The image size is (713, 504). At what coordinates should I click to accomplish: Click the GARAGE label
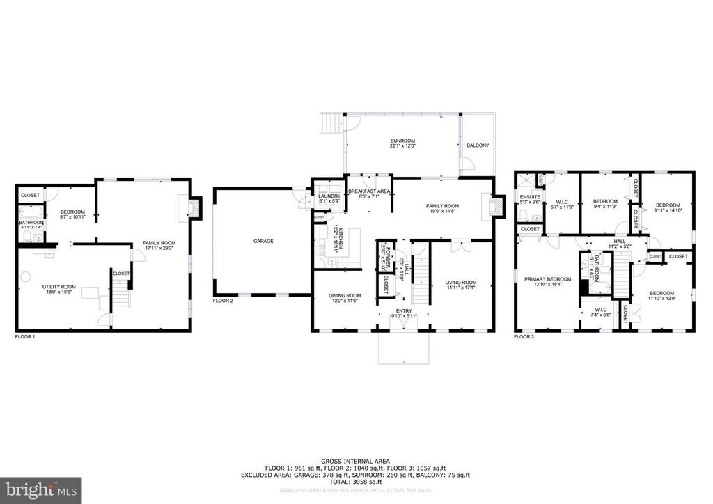pos(263,242)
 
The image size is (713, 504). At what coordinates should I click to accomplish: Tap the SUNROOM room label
pos(402,141)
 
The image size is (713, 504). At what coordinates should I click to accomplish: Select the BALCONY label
pos(478,145)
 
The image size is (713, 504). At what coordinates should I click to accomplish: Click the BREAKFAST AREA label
pos(368,191)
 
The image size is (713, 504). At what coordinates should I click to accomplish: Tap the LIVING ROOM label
pos(460,282)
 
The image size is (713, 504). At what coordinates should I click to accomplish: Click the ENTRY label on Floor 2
pos(403,310)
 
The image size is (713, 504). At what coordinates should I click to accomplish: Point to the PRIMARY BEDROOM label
pos(547,279)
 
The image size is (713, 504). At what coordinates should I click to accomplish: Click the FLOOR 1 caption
pos(25,336)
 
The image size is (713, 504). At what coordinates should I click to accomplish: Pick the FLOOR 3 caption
pos(524,336)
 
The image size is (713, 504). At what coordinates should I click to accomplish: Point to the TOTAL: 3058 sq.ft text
pos(356,482)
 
